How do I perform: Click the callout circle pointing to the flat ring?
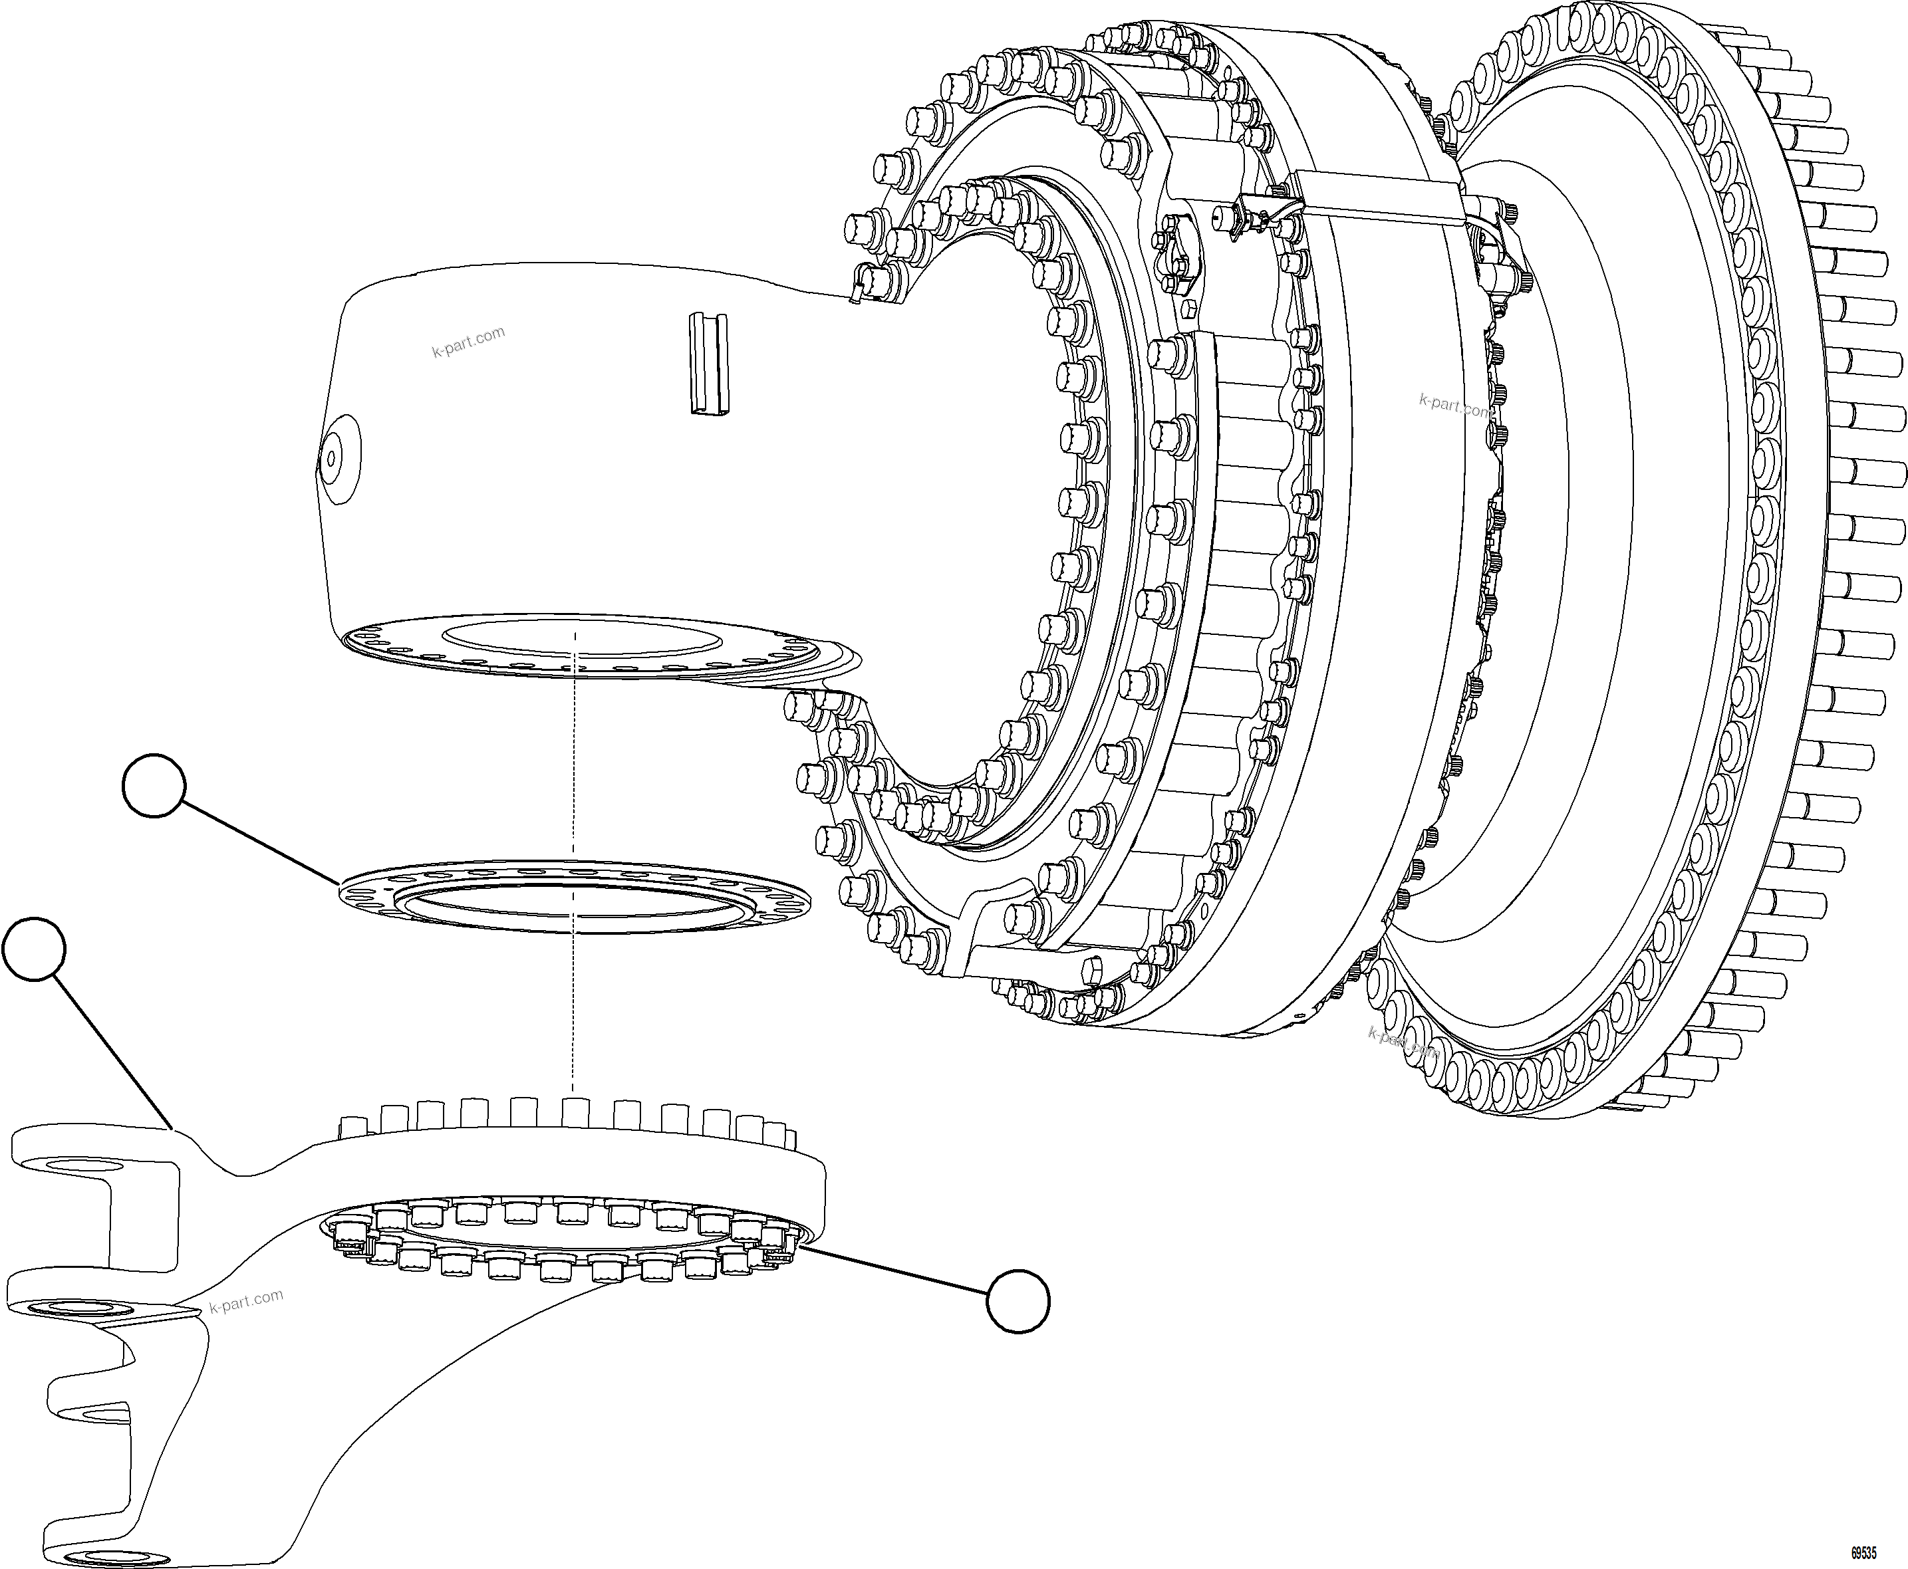[154, 784]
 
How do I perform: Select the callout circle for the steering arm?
[35, 948]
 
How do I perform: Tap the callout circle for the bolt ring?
[1018, 1300]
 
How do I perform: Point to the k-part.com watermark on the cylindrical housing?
[468, 342]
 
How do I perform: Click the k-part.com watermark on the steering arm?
[246, 1302]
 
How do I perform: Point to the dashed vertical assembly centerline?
[574, 994]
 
